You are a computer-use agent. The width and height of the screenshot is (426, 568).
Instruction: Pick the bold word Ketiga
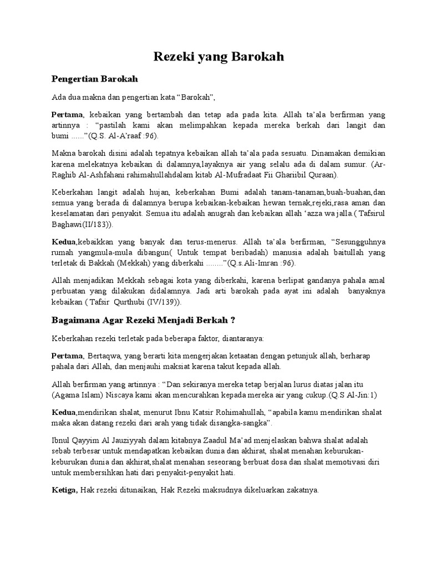tap(65, 491)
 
